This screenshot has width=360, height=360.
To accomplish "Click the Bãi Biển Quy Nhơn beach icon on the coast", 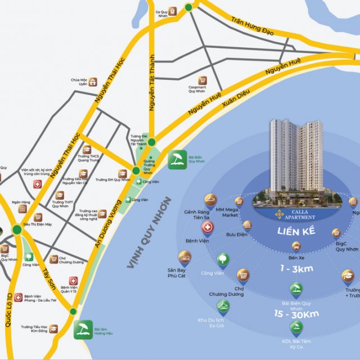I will coord(177,159).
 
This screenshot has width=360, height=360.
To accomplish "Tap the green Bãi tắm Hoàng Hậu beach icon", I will coord(83,328).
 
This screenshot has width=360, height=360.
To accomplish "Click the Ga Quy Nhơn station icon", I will coord(173,10).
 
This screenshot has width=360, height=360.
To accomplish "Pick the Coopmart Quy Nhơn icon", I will coord(201,80).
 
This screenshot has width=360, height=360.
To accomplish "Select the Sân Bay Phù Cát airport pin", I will coord(184,258).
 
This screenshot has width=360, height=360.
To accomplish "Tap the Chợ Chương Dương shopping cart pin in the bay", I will coord(243,275).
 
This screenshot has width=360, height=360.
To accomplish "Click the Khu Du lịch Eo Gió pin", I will coord(223,307).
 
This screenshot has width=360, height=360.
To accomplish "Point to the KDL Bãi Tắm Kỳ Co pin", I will coord(295,328).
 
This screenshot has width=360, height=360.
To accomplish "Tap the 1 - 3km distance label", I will coord(296,268).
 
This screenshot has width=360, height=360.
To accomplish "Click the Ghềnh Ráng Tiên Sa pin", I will coord(210,200).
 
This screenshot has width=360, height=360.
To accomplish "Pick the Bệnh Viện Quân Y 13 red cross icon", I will coord(73,280).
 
